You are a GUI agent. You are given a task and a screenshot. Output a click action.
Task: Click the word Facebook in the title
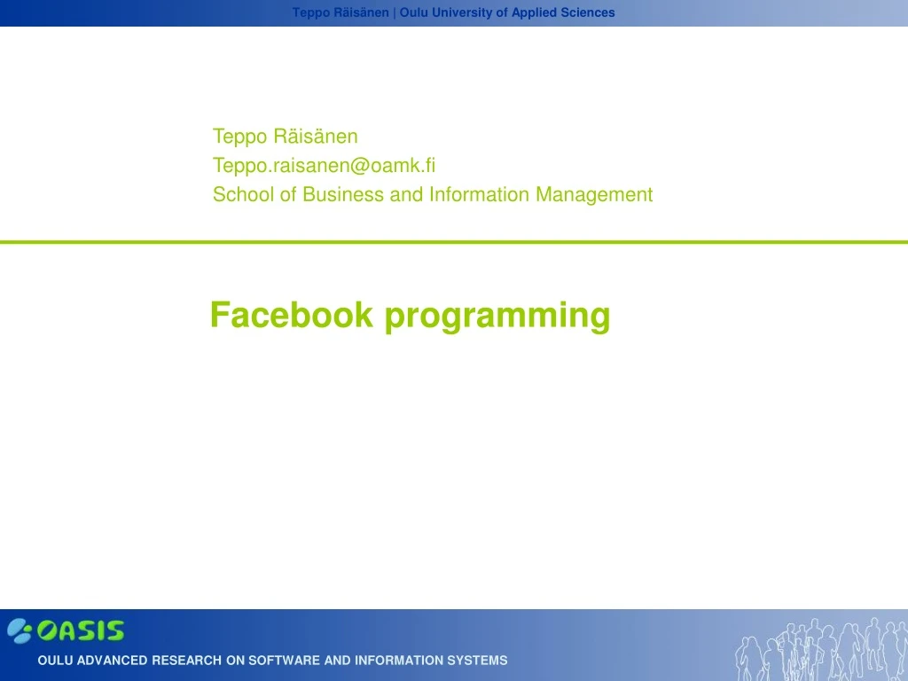[291, 315]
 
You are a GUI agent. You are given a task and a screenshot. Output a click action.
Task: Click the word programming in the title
[497, 317]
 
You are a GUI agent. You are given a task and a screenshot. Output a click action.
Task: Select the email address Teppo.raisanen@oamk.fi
[324, 166]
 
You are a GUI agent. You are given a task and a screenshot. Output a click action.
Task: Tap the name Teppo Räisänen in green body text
[285, 137]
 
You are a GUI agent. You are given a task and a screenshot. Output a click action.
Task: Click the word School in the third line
[244, 195]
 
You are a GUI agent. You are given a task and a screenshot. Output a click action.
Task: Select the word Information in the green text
[479, 195]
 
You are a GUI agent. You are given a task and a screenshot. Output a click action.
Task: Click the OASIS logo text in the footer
[80, 630]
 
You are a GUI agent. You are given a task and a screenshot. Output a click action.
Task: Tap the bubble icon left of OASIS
[20, 630]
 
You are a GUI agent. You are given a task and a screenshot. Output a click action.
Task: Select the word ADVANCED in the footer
[112, 661]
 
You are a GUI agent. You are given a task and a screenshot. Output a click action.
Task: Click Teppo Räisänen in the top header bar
[340, 12]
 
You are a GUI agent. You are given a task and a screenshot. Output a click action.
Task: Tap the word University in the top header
[460, 12]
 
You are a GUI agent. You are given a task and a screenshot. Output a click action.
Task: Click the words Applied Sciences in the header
[562, 12]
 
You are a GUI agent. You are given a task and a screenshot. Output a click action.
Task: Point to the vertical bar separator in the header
[394, 12]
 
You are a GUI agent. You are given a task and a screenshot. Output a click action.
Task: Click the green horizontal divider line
[454, 241]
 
